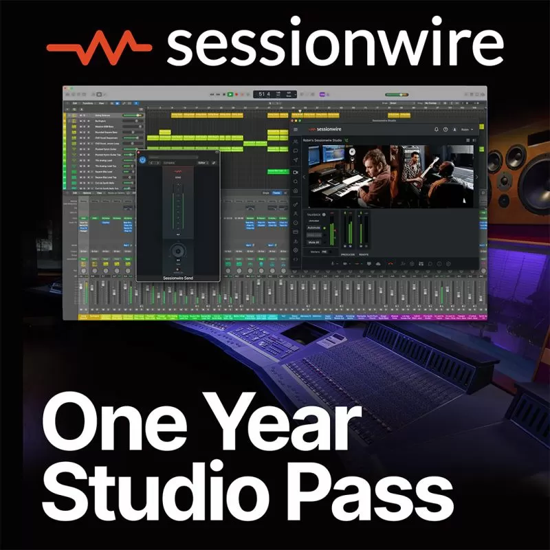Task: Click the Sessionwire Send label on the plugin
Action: click(178, 278)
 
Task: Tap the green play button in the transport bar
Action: click(230, 93)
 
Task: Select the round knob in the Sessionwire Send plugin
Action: click(178, 250)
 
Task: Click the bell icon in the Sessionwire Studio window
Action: click(436, 129)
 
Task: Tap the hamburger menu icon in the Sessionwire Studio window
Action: click(296, 129)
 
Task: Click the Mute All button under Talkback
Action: click(314, 242)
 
